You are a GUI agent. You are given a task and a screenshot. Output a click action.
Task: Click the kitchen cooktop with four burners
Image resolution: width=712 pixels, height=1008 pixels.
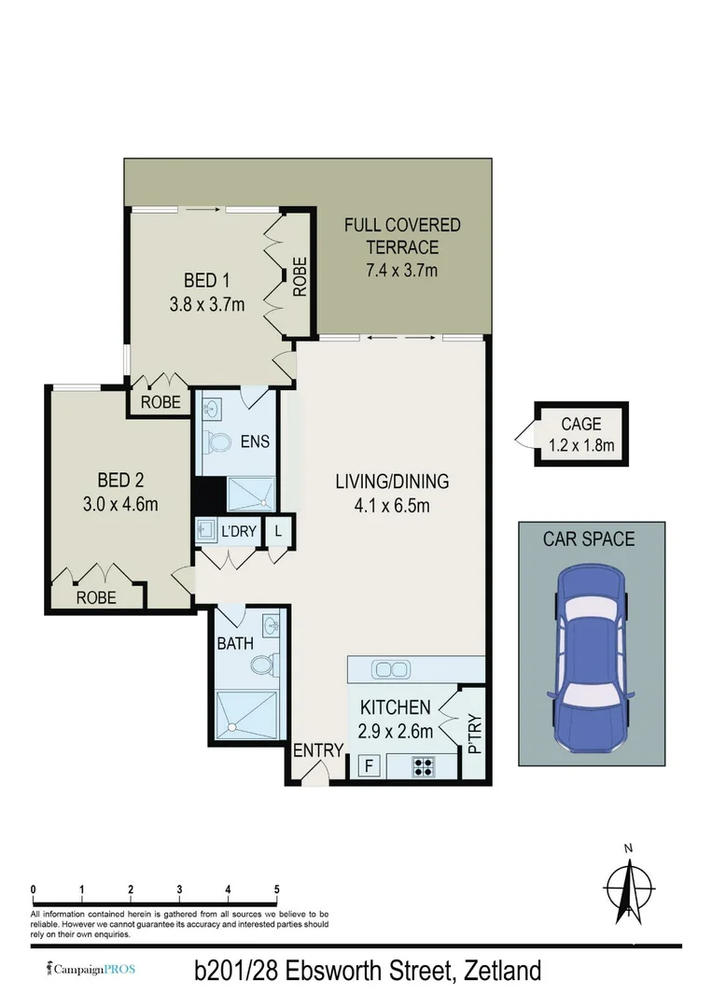click(x=423, y=767)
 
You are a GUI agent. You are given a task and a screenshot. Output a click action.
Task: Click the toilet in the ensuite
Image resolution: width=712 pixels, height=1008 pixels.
click(x=220, y=441)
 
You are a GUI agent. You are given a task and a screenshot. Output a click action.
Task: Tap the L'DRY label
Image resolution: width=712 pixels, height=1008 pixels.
click(x=238, y=531)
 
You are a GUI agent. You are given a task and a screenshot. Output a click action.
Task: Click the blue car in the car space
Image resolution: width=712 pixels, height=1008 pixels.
click(x=593, y=658)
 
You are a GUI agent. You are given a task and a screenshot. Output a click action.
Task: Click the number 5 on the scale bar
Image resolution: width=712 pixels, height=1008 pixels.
click(x=277, y=889)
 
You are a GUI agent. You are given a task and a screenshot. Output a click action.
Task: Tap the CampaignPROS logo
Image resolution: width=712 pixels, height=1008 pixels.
click(x=91, y=969)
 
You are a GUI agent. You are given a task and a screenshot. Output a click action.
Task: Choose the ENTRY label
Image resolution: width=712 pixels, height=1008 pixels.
click(x=313, y=751)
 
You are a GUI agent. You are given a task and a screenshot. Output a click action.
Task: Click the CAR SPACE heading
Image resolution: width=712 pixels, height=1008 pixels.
click(x=589, y=539)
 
